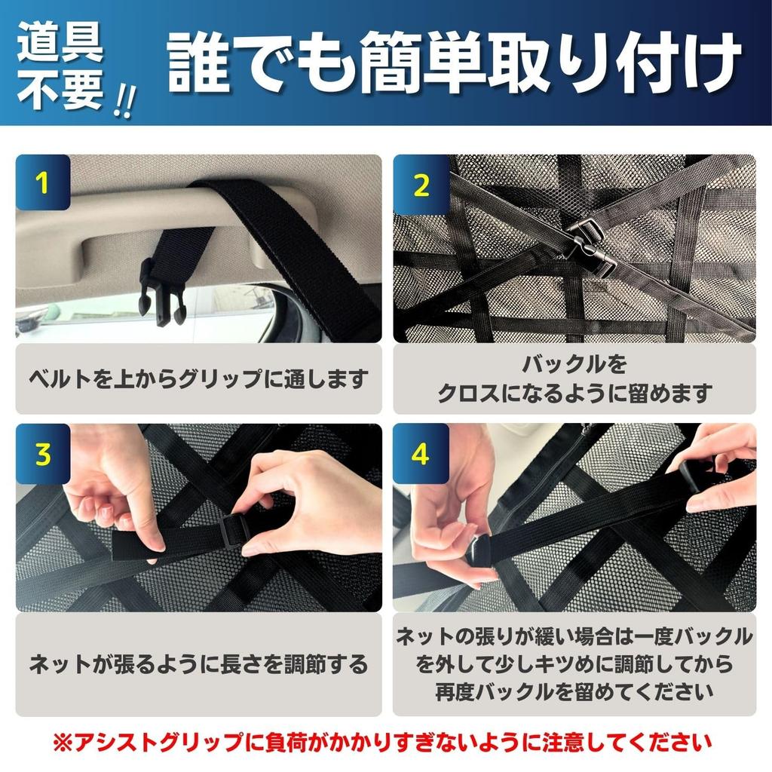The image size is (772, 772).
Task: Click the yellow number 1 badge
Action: [43, 182]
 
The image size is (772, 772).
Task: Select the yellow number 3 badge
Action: [43, 453]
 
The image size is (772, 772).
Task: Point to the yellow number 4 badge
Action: [420, 453]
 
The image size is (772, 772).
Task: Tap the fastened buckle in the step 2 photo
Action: [590, 247]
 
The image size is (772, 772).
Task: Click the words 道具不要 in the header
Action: [60, 66]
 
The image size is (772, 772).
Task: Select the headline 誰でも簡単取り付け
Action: [454, 63]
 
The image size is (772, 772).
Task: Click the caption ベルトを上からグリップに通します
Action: [198, 379]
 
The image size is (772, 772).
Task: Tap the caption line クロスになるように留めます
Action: [574, 394]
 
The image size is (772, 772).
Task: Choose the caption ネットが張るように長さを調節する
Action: [198, 664]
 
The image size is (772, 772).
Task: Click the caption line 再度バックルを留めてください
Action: [574, 692]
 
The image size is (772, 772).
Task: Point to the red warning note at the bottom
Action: [381, 743]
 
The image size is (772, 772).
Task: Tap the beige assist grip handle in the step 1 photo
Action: [163, 222]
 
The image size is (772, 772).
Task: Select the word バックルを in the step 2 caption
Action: [574, 365]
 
